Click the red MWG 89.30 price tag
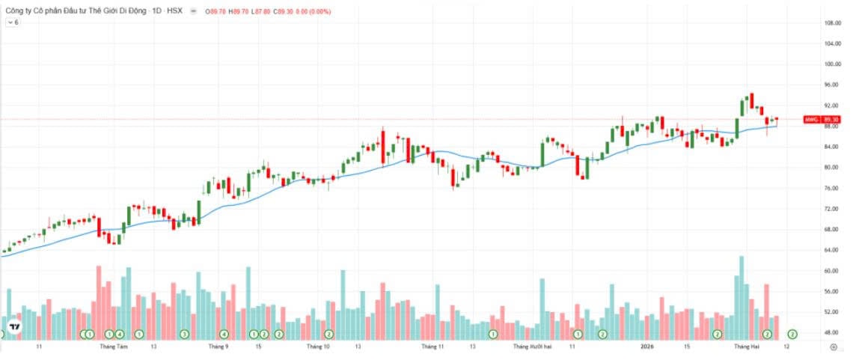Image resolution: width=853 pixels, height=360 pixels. pyautogui.click(x=822, y=120)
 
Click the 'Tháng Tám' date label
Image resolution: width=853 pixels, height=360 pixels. pyautogui.click(x=113, y=347)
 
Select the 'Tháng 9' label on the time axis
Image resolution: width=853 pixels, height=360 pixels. pyautogui.click(x=218, y=347)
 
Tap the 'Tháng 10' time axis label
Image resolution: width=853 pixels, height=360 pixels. pyautogui.click(x=318, y=347)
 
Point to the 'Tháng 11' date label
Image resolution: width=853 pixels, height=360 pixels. pyautogui.click(x=432, y=347)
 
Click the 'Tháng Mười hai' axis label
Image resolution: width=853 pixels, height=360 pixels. pyautogui.click(x=532, y=347)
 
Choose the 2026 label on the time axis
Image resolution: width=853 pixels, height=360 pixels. pyautogui.click(x=648, y=347)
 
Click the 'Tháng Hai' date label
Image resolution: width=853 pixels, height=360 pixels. pyautogui.click(x=746, y=347)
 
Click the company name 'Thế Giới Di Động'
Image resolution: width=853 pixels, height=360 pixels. pyautogui.click(x=100, y=11)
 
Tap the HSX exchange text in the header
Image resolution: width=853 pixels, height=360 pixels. pyautogui.click(x=174, y=11)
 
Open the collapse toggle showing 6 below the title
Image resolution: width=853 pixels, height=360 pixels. pyautogui.click(x=13, y=22)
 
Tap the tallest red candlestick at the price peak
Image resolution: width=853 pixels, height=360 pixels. pyautogui.click(x=751, y=100)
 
